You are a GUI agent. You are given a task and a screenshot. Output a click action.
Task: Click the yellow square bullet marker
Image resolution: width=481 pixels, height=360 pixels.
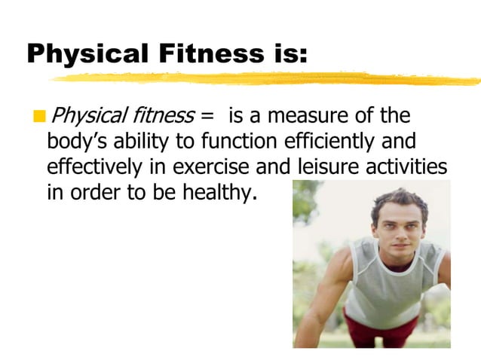(x=38, y=117)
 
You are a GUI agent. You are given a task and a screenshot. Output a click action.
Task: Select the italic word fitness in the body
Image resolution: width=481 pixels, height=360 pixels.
(x=161, y=117)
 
